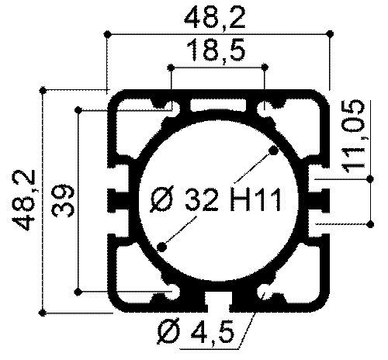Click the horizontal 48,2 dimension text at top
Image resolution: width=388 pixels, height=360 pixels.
click(x=217, y=16)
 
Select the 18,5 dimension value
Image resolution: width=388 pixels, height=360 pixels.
click(x=217, y=51)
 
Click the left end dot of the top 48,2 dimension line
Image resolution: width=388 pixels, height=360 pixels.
click(x=106, y=33)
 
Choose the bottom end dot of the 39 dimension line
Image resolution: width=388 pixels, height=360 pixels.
click(x=79, y=291)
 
